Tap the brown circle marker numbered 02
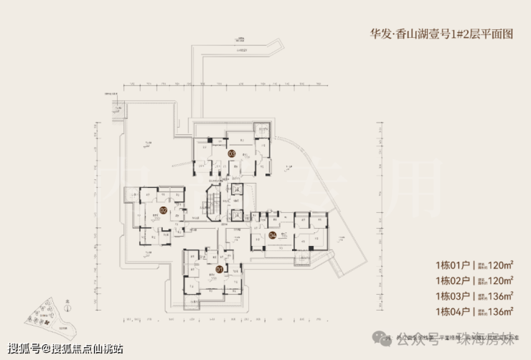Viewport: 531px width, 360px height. point(163,210)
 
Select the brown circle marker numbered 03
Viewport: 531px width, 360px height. point(232,153)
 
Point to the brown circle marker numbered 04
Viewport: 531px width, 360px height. point(273,235)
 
